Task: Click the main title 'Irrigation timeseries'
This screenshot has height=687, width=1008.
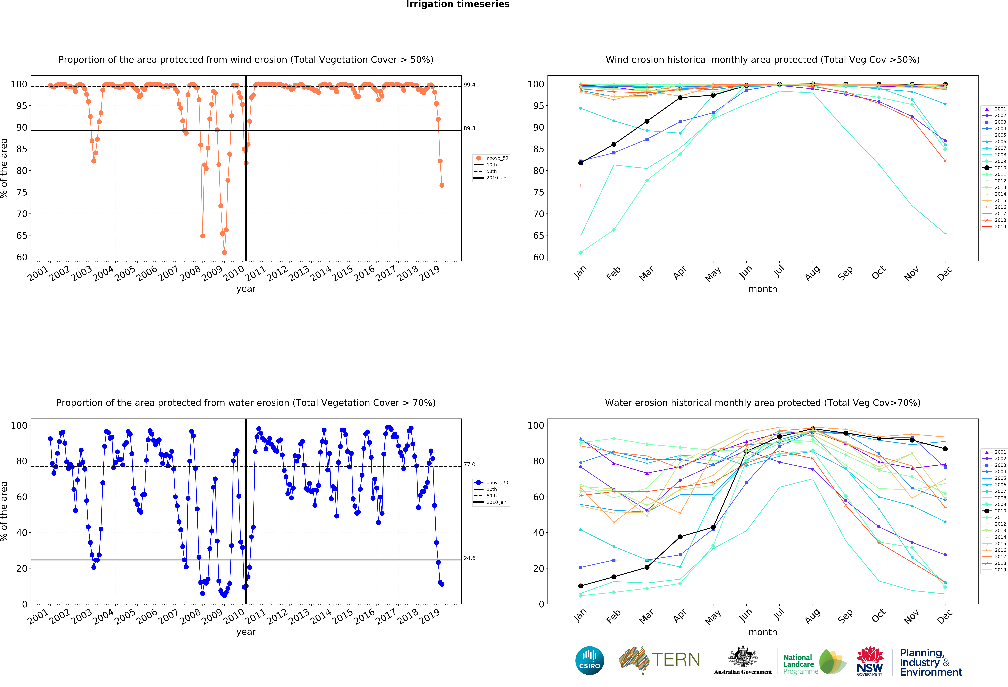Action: coord(458,4)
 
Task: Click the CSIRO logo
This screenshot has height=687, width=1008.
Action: coord(589,661)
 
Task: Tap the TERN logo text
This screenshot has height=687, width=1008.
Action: coord(676,660)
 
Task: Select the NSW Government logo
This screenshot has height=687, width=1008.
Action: coord(870,661)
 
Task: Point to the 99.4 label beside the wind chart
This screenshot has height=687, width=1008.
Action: coord(469,85)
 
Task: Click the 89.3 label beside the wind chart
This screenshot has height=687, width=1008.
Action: coord(469,128)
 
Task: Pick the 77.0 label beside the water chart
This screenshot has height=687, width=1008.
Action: coord(469,464)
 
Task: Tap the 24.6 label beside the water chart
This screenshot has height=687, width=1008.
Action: coord(469,558)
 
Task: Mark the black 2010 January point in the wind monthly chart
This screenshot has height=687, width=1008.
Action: coord(581,163)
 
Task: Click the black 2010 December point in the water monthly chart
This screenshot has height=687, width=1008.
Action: coord(945,449)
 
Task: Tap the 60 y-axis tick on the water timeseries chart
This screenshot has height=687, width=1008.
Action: coord(22,497)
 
